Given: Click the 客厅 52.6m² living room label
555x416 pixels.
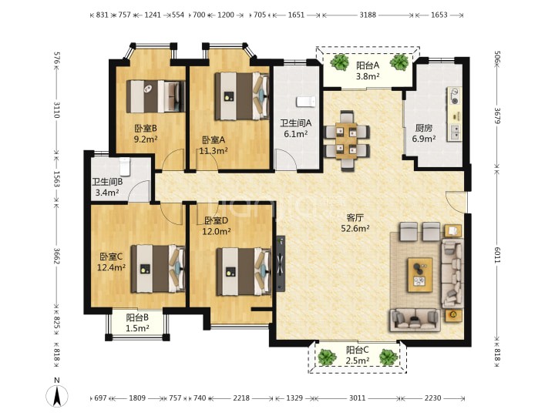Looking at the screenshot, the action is [x=355, y=223].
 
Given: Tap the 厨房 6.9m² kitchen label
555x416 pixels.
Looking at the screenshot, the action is [x=424, y=133].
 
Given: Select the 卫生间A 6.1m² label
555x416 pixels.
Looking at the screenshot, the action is [x=295, y=129].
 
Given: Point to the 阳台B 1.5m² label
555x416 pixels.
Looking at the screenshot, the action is [x=137, y=323].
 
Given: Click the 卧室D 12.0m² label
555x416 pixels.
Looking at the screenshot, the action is [x=217, y=226].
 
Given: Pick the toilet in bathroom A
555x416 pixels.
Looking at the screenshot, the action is [x=305, y=102].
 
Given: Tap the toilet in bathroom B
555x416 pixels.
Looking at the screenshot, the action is [x=125, y=166].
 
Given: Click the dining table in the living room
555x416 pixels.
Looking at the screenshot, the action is [x=347, y=141].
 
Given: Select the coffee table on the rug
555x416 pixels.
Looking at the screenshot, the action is [x=420, y=275].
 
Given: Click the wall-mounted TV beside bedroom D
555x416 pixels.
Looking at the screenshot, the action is [x=281, y=263].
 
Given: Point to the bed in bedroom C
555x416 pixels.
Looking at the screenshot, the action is [x=158, y=269].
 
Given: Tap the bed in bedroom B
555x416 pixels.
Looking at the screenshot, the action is [x=156, y=96].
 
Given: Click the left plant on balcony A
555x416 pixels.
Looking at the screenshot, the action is [x=339, y=62].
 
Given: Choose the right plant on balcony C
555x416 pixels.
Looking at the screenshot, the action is [x=388, y=357].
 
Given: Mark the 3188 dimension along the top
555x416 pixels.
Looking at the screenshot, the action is [x=368, y=15].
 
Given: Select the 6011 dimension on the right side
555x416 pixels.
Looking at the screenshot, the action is [x=496, y=255].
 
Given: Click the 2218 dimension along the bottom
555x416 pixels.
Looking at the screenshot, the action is [x=241, y=398].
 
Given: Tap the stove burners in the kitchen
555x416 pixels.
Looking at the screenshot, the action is [x=454, y=96].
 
